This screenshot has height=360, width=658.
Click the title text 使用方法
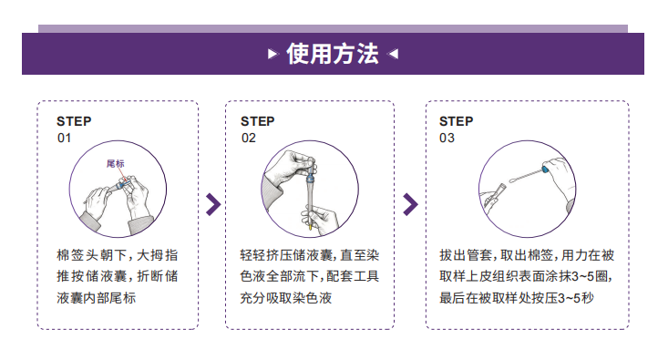333,54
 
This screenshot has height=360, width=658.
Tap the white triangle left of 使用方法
272,54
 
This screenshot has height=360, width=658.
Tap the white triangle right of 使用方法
393,54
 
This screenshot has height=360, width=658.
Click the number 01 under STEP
64,138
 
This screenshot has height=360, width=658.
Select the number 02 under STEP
249,138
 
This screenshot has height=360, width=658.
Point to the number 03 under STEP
447,138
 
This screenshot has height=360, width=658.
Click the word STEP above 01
74,121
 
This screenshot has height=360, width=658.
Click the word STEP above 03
457,121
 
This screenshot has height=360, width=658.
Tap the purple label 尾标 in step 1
116,164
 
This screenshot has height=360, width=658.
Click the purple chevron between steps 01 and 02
213,204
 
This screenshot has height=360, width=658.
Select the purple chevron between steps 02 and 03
410,204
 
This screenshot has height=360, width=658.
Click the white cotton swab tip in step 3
513,180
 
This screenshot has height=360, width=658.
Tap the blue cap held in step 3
545,170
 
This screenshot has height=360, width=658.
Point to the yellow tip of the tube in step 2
311,227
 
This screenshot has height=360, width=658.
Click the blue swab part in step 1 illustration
121,184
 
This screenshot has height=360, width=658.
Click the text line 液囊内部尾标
96,298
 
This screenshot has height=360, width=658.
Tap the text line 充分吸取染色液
286,298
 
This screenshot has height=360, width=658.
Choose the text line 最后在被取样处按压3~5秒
517,298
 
